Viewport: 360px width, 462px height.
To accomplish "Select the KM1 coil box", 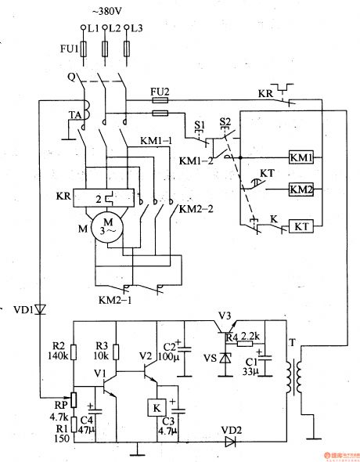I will pos(301,157).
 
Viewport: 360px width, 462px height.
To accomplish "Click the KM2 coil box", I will pos(301,189).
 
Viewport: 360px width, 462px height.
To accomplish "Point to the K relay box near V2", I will pos(155,408).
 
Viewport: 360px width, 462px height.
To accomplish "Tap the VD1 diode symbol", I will pos(40,310).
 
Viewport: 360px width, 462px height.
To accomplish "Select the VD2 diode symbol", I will pos(229,442).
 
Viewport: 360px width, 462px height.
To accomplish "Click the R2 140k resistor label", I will pos(56,350).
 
